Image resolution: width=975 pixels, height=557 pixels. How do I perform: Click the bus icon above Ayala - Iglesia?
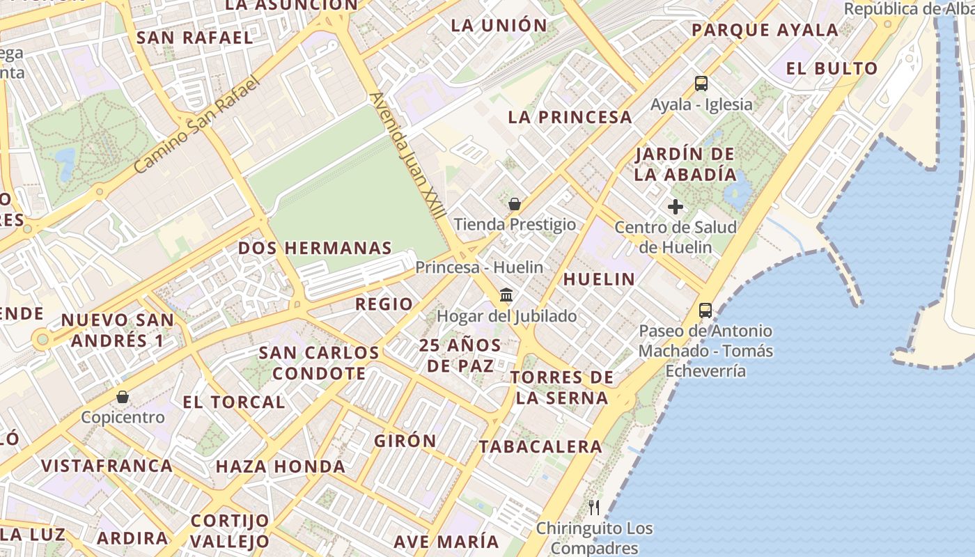click(x=701, y=84)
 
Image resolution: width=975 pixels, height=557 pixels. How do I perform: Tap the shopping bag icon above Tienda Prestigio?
click(x=515, y=204)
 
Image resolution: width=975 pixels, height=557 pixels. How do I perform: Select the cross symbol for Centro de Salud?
click(x=675, y=207)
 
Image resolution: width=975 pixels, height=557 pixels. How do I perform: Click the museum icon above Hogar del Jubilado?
click(x=506, y=295)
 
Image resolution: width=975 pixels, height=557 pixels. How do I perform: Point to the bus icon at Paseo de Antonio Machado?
click(x=705, y=310)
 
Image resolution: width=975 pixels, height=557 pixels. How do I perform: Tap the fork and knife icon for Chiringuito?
click(x=594, y=507)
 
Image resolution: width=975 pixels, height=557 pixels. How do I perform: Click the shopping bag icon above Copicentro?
click(x=123, y=397)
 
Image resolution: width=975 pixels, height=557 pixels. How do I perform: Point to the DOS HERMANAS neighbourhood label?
click(x=315, y=249)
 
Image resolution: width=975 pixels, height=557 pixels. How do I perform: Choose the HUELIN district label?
click(x=599, y=279)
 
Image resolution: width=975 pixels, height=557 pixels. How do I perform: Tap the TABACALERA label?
click(x=540, y=446)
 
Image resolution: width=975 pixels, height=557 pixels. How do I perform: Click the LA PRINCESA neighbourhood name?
click(x=570, y=117)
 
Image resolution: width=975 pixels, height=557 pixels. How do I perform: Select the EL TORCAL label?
click(x=234, y=402)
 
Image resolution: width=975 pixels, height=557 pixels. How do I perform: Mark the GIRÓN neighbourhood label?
click(x=405, y=441)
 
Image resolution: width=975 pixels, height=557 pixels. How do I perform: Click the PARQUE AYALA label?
click(x=765, y=30)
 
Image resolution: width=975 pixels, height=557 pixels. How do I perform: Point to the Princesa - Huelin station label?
click(x=479, y=267)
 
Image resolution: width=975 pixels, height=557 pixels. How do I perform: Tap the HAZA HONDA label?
click(x=281, y=466)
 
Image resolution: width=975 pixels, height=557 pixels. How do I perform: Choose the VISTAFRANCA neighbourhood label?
click(x=107, y=466)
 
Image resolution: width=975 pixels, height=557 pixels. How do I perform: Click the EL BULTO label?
click(x=832, y=68)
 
